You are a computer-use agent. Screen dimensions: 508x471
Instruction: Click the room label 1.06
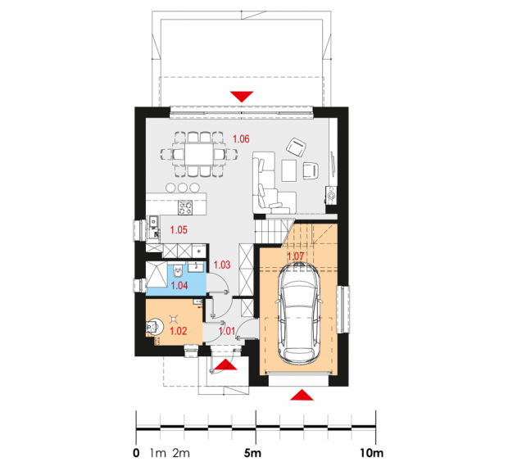241,139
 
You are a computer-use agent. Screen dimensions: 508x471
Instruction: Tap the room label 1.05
179,230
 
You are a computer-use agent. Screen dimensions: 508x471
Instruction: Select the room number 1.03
222,265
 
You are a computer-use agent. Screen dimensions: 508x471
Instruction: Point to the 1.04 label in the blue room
179,285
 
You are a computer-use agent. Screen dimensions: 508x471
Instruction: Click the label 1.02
179,331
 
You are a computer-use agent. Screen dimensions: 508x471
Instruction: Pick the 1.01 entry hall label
227,331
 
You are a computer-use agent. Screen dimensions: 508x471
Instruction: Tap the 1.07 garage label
296,256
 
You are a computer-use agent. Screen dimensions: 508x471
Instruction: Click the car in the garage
299,312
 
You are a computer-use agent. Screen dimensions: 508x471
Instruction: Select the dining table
199,155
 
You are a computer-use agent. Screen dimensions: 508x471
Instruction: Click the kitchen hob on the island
185,207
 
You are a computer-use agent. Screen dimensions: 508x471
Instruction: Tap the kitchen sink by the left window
153,221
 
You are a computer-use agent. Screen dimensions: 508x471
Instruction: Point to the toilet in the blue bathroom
178,271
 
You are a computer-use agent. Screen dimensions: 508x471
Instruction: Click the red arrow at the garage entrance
302,395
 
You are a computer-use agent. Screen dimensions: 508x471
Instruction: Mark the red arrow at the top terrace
242,97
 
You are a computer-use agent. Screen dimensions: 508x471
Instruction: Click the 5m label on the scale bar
252,453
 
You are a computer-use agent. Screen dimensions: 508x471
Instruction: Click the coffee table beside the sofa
289,170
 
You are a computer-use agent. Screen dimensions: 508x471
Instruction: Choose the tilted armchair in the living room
296,147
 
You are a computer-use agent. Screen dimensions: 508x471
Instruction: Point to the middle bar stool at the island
183,188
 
